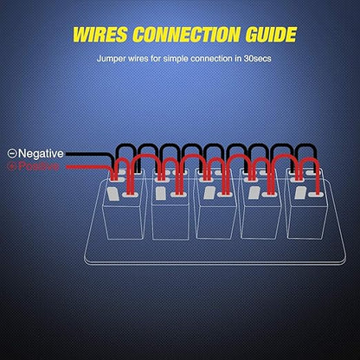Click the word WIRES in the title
pyautogui.click(x=100, y=35)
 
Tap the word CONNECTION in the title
pyautogui.click(x=186, y=35)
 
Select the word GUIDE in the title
pyautogui.click(x=271, y=35)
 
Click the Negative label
pyautogui.click(x=41, y=153)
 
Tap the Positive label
pyautogui.click(x=38, y=166)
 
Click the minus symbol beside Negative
pyautogui.click(x=12, y=154)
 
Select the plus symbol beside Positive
pyautogui.click(x=12, y=166)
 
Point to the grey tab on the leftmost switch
pyautogui.click(x=113, y=194)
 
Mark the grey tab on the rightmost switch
pyautogui.click(x=300, y=193)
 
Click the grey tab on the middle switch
pyautogui.click(x=209, y=193)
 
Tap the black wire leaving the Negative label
pyautogui.click(x=90, y=154)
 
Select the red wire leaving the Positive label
pyautogui.click(x=89, y=167)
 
